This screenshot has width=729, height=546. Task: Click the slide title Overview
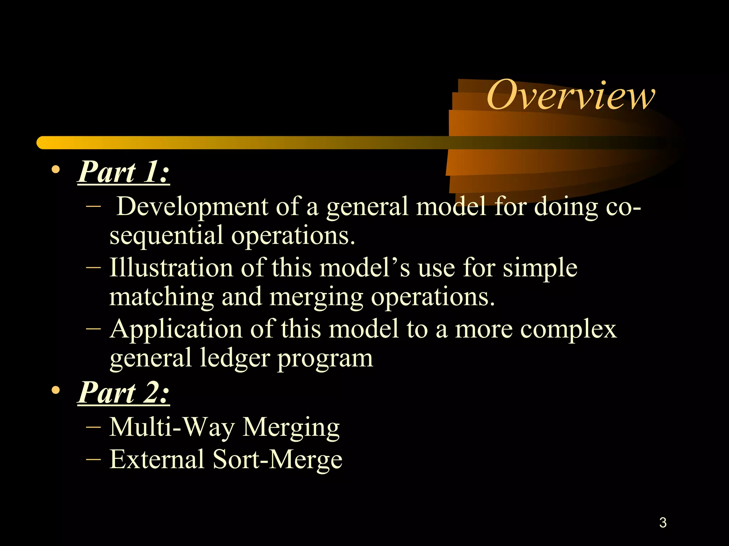pyautogui.click(x=570, y=95)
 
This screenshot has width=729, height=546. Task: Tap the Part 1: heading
pyautogui.click(x=123, y=172)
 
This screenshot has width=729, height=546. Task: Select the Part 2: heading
pyautogui.click(x=123, y=392)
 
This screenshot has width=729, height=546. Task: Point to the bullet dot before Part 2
pyautogui.click(x=56, y=390)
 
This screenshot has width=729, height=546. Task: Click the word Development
pyautogui.click(x=192, y=207)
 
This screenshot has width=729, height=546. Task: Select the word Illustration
pyautogui.click(x=171, y=267)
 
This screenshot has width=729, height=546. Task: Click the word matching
pyautogui.click(x=161, y=297)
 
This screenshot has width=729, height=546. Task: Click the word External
pyautogui.click(x=157, y=459)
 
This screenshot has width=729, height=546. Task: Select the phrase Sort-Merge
pyautogui.click(x=277, y=459)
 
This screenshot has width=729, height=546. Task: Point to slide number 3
pyautogui.click(x=663, y=523)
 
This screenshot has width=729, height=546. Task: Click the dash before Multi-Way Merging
pyautogui.click(x=93, y=427)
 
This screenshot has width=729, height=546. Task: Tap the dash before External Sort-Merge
pyautogui.click(x=93, y=459)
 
